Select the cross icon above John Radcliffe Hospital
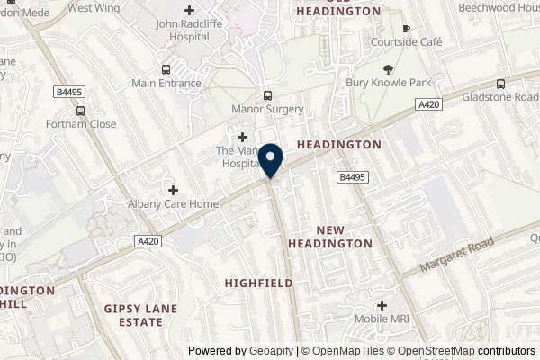click(189, 9)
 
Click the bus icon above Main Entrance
click(165, 69)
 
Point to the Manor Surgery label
click(267, 110)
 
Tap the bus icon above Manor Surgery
click(267, 95)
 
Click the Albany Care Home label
click(174, 204)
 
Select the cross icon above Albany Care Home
click(174, 190)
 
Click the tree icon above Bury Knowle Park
click(388, 69)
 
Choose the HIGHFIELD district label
click(258, 283)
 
